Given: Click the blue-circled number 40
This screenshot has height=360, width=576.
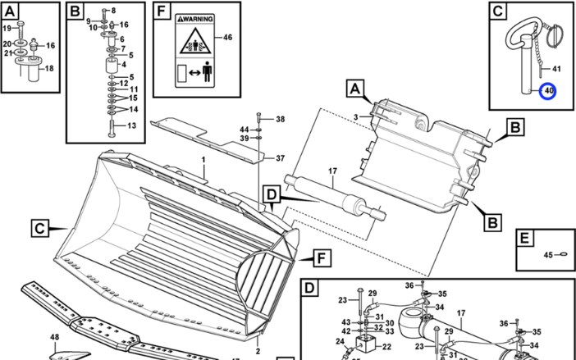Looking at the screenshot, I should click(x=547, y=91).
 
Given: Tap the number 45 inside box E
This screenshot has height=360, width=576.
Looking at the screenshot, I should click(x=549, y=255).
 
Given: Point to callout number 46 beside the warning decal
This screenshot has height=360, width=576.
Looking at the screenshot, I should click(x=227, y=38).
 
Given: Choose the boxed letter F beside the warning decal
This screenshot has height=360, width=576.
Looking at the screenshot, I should click(x=162, y=13).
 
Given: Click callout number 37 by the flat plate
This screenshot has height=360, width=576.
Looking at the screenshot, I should click(x=280, y=158).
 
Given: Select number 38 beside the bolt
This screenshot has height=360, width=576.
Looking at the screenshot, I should click(x=280, y=120).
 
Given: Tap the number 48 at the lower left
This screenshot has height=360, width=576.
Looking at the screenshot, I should click(x=54, y=338).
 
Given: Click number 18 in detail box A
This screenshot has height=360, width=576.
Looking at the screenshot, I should click(x=48, y=69).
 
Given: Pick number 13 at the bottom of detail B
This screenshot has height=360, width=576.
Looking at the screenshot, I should click(x=132, y=125).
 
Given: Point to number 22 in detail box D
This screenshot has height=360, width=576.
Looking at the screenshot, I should click(x=386, y=348).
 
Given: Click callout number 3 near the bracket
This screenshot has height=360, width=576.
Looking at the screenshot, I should click(x=355, y=118).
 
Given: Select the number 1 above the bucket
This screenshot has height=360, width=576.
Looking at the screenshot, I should click(x=203, y=158).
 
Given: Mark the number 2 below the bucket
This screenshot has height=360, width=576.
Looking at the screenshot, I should click(x=258, y=350).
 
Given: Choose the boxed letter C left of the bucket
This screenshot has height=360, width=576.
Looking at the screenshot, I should click(x=39, y=227).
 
